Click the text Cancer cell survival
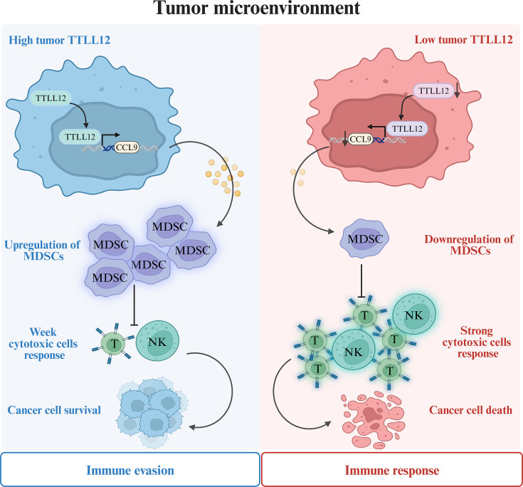click(55, 410)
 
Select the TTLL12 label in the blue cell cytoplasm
click(52, 95)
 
